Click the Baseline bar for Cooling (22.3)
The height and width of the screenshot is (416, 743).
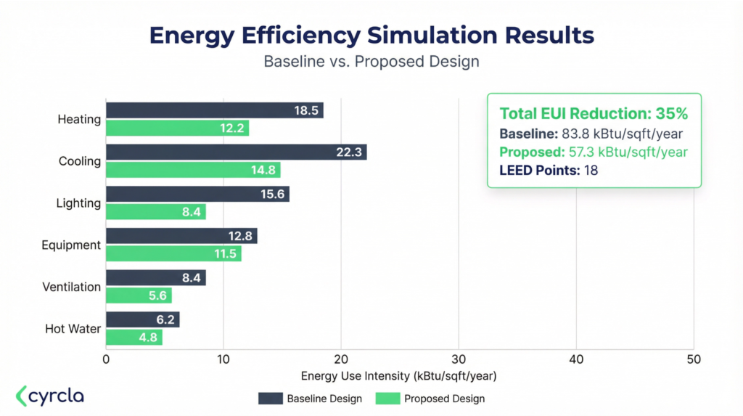236,152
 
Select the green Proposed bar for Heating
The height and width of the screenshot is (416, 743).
177,129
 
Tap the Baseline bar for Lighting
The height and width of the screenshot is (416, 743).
197,194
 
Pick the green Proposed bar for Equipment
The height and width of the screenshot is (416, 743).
173,254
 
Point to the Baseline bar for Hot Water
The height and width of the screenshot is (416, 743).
142,319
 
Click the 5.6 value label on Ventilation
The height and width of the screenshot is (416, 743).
158,295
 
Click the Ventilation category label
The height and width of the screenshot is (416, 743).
71,287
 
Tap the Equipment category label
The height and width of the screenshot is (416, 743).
71,245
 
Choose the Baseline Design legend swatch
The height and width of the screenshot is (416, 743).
270,398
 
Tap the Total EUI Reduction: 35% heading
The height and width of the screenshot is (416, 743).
594,114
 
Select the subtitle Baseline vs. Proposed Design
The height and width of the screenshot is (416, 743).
371,62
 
